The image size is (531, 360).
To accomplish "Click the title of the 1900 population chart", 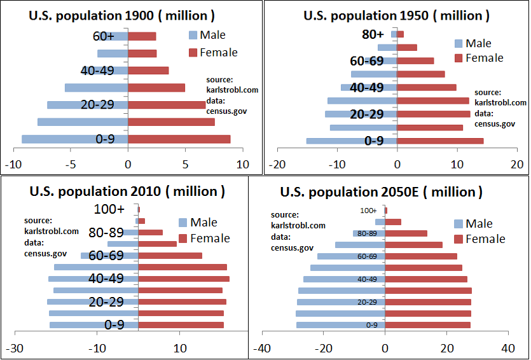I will (x=121, y=15).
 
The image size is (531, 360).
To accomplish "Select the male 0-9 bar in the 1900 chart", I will (x=75, y=139).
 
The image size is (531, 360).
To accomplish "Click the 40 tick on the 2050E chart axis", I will (x=507, y=349).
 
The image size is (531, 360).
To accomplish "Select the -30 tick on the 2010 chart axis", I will (x=15, y=349).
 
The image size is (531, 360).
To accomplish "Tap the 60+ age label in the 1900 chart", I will (x=102, y=36).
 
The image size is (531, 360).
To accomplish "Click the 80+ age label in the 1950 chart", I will (x=373, y=35).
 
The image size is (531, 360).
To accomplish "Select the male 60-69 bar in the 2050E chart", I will (x=351, y=256).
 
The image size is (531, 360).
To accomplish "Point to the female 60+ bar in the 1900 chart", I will (x=142, y=36).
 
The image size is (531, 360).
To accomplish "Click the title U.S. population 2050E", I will (x=381, y=191).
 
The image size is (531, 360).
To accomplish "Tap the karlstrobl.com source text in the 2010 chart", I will (x=52, y=232).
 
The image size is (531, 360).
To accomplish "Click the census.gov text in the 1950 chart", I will (x=495, y=124).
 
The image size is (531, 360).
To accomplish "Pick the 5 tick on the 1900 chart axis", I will (x=185, y=164).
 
